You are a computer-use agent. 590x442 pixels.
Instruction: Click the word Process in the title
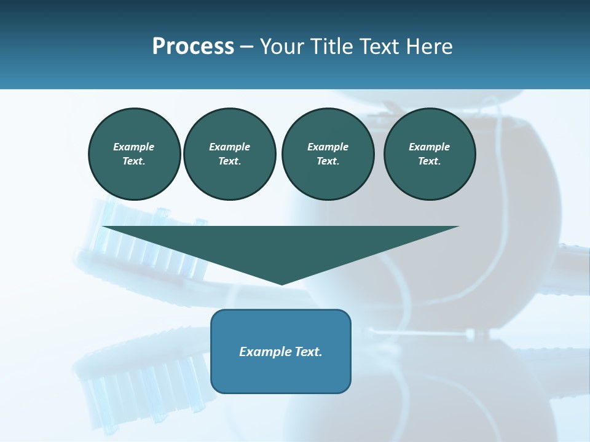[193, 47]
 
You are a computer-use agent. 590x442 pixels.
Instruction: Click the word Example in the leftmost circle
[134, 147]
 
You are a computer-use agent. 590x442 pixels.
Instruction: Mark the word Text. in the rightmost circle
[429, 161]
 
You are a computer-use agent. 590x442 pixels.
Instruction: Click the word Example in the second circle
[229, 147]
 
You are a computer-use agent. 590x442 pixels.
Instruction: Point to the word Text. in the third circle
[328, 161]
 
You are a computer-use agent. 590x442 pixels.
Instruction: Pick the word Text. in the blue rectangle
[309, 352]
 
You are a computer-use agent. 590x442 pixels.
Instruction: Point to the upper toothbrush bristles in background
[147, 239]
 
